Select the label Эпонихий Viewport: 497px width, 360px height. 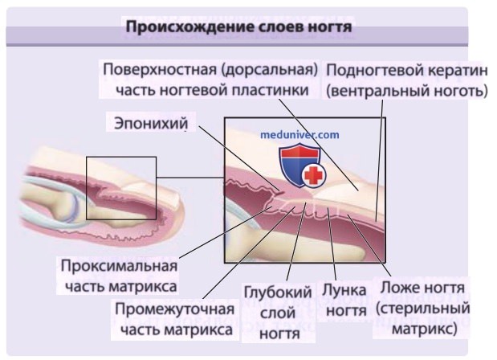151,124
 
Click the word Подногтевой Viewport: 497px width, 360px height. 375,71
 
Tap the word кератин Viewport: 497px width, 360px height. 458,71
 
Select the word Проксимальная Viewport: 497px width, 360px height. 119,266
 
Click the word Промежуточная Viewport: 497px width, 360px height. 175,309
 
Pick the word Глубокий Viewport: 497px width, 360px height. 278,292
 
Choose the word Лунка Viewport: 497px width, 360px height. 344,290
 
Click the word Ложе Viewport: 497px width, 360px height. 399,288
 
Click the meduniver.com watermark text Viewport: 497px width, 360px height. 299,135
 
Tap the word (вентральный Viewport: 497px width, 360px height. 375,92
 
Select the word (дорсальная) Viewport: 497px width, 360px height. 270,70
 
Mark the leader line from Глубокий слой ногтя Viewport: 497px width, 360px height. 296,241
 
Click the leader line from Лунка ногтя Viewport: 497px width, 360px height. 332,243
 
